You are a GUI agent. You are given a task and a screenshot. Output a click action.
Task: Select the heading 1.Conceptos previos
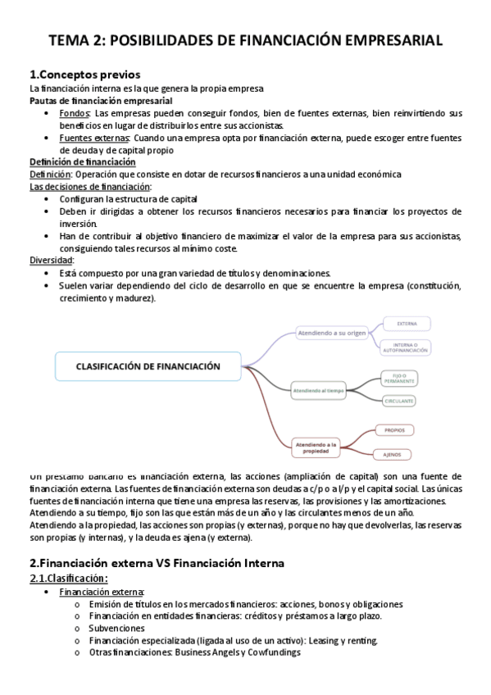coord(84,75)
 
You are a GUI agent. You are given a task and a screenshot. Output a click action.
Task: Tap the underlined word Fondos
coord(75,112)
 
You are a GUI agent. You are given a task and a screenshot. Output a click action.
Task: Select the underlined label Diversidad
coord(52,260)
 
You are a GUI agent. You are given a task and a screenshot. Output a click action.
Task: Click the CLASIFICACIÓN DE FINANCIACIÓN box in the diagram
coord(148,366)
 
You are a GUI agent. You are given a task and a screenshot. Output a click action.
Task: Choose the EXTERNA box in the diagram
coord(419,323)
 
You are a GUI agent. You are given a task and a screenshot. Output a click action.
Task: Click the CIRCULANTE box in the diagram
coord(398,401)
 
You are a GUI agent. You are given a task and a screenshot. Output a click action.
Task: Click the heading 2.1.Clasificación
coord(68,578)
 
